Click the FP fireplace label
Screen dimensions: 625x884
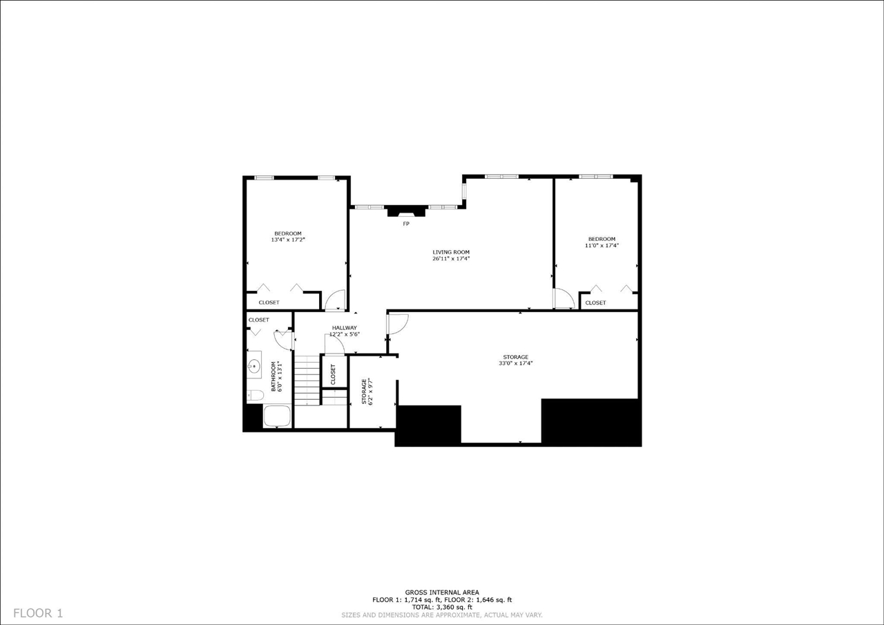[x=406, y=224]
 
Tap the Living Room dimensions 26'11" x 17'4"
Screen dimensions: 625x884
[x=451, y=259]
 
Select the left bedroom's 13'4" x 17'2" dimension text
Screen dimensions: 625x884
[x=288, y=240]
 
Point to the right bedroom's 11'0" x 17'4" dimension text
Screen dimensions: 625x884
[x=602, y=245]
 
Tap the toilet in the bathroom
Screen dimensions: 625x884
[x=255, y=396]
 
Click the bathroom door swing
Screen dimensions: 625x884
[x=283, y=339]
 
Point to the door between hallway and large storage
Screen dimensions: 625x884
[x=397, y=324]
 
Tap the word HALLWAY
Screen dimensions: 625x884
[x=344, y=327]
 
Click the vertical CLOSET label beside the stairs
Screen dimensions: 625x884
[x=334, y=374]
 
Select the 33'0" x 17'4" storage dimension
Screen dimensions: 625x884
[x=515, y=363]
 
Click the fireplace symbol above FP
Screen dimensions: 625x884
[x=406, y=212]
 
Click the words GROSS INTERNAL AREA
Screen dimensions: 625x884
[x=442, y=593]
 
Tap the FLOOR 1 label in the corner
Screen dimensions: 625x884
[x=38, y=613]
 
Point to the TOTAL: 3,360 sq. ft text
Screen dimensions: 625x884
[x=442, y=607]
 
